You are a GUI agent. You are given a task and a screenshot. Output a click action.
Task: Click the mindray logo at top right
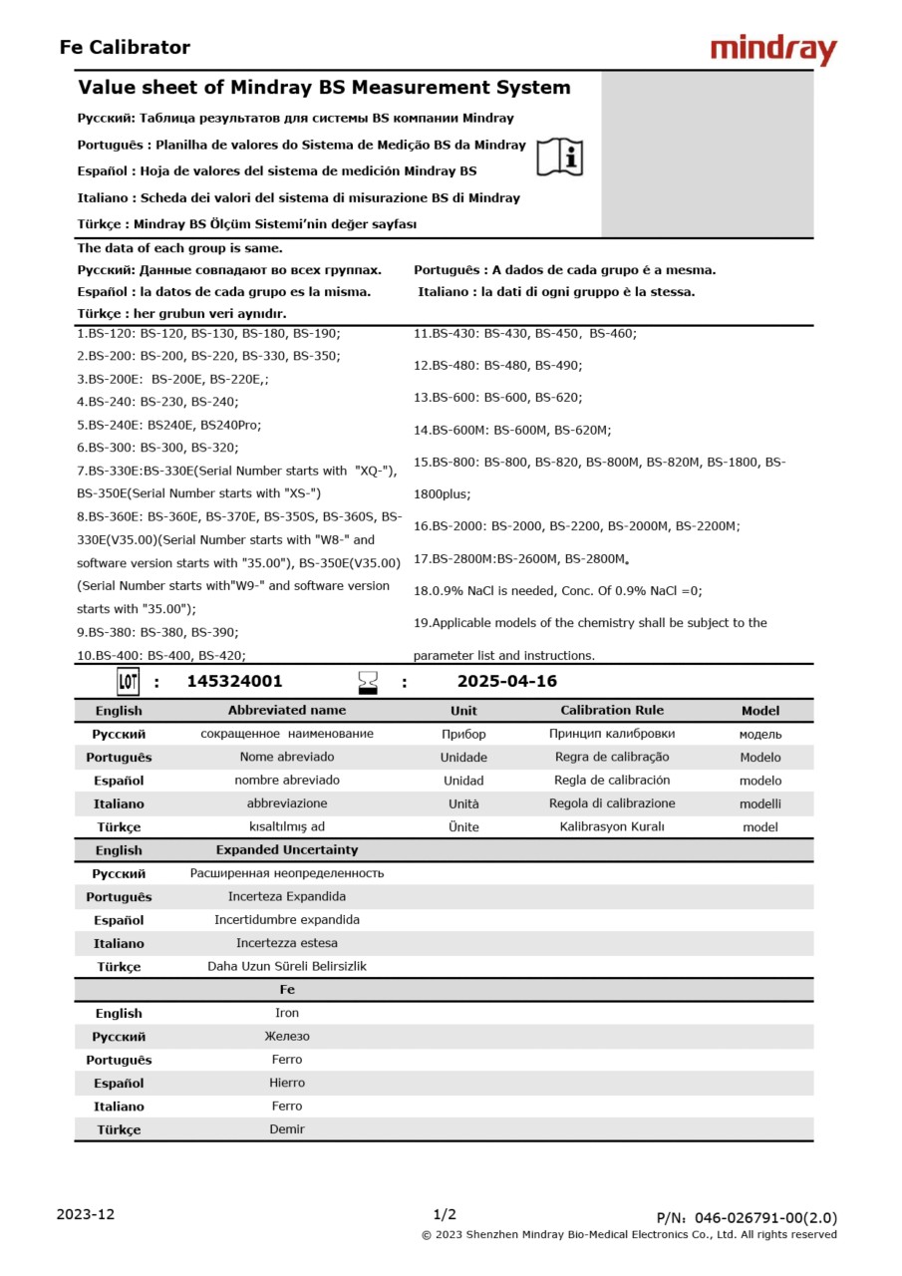tap(773, 49)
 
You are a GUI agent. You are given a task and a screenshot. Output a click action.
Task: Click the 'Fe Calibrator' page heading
tap(125, 47)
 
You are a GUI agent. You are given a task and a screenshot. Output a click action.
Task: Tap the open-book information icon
tap(560, 158)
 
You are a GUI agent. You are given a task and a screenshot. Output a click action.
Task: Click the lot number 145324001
tap(234, 682)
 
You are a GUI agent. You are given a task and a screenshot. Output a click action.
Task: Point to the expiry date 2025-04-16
tap(506, 682)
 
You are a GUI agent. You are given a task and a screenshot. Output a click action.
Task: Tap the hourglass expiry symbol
tap(368, 682)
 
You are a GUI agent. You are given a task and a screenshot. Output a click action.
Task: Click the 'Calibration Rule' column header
tap(611, 711)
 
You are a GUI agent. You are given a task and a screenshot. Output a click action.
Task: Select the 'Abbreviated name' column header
tap(287, 711)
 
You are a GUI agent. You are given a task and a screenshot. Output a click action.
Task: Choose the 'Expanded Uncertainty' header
tap(287, 850)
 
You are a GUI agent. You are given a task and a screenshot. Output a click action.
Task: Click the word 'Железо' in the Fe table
tap(287, 1037)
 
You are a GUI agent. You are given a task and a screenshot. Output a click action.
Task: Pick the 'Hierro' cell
tap(287, 1083)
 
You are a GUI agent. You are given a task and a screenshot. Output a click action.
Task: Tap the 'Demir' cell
tap(287, 1129)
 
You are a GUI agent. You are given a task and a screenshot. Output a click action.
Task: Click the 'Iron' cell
tap(287, 1013)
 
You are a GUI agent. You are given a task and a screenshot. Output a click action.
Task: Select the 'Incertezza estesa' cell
tap(287, 943)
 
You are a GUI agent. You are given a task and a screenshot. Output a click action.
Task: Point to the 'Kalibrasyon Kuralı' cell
tap(611, 826)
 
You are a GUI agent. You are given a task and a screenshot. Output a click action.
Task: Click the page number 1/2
tap(445, 1214)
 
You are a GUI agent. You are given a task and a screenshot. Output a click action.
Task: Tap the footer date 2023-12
tap(86, 1214)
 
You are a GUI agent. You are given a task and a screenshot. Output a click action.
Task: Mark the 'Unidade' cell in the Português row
tap(463, 758)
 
